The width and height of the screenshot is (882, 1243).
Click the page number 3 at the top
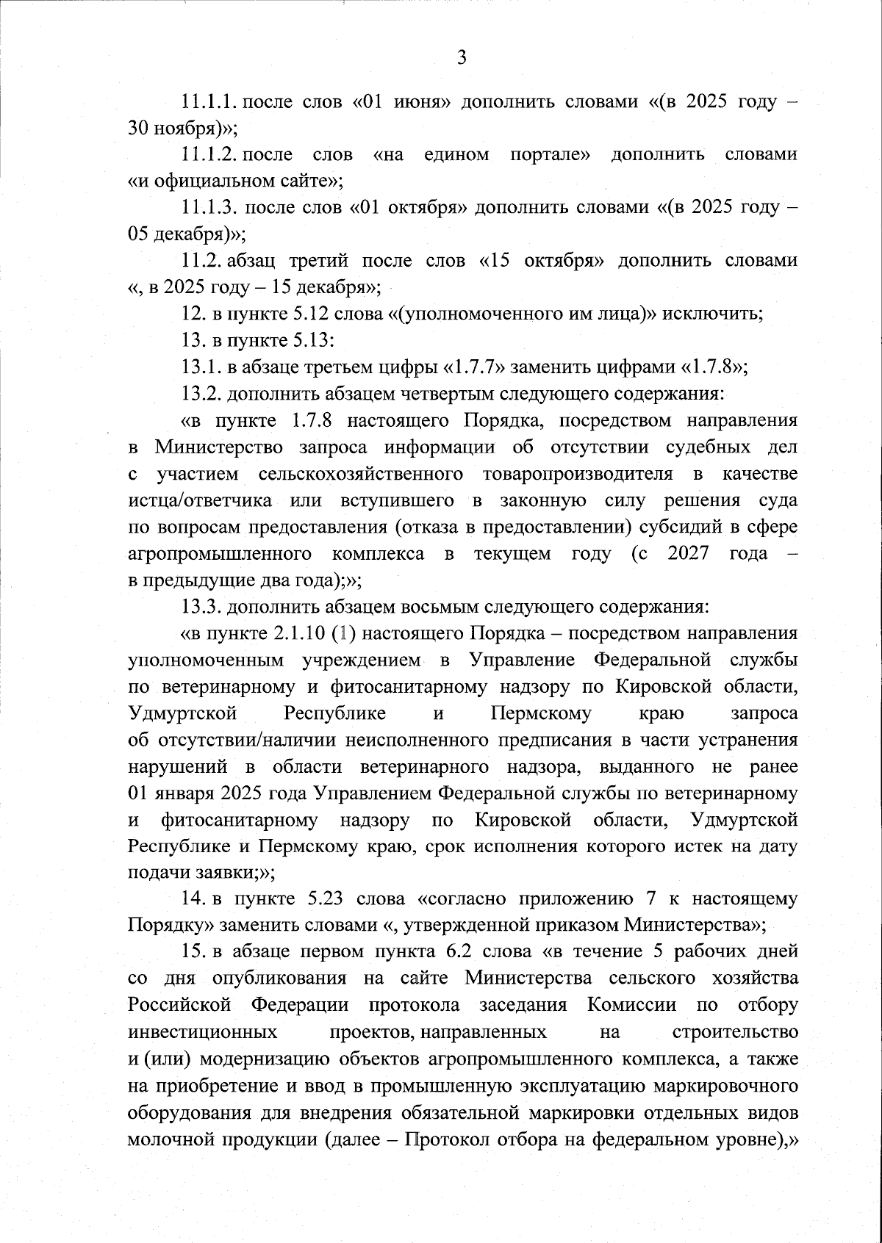click(462, 58)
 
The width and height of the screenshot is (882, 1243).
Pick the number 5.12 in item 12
click(310, 314)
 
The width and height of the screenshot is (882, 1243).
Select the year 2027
click(688, 554)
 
